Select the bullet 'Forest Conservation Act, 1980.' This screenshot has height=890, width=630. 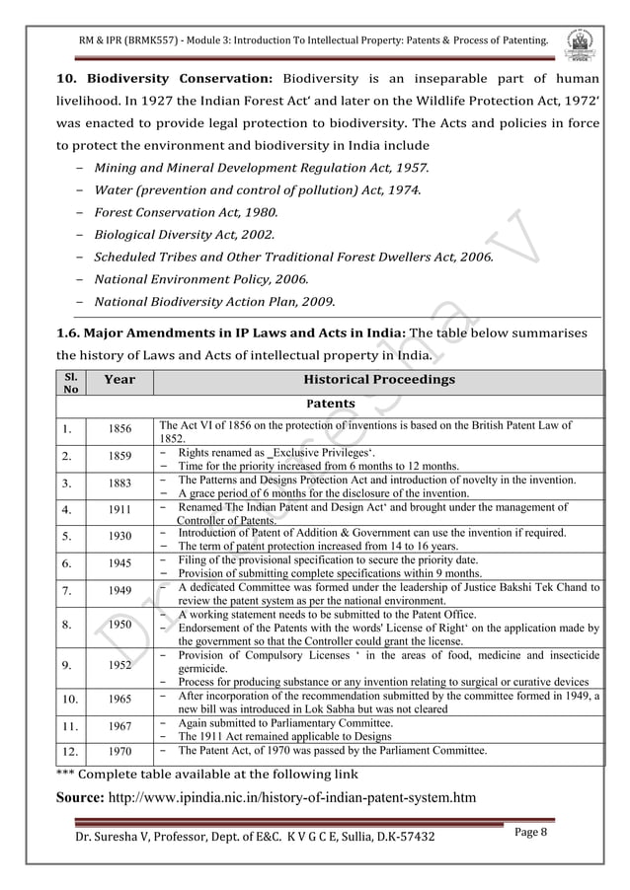(186, 212)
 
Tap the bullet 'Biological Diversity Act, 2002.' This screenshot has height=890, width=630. (184, 235)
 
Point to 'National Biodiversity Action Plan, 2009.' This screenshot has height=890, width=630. (214, 301)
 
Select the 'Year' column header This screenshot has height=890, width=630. (119, 380)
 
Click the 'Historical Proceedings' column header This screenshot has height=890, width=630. (378, 380)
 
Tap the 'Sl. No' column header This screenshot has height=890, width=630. (69, 382)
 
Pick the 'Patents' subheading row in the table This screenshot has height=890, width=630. (331, 404)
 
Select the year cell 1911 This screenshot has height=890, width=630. (119, 511)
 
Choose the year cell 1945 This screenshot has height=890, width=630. (119, 563)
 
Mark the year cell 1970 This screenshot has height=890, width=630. (119, 752)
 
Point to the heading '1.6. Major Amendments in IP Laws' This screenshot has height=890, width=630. (229, 334)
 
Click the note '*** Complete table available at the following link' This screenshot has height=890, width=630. (200, 773)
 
